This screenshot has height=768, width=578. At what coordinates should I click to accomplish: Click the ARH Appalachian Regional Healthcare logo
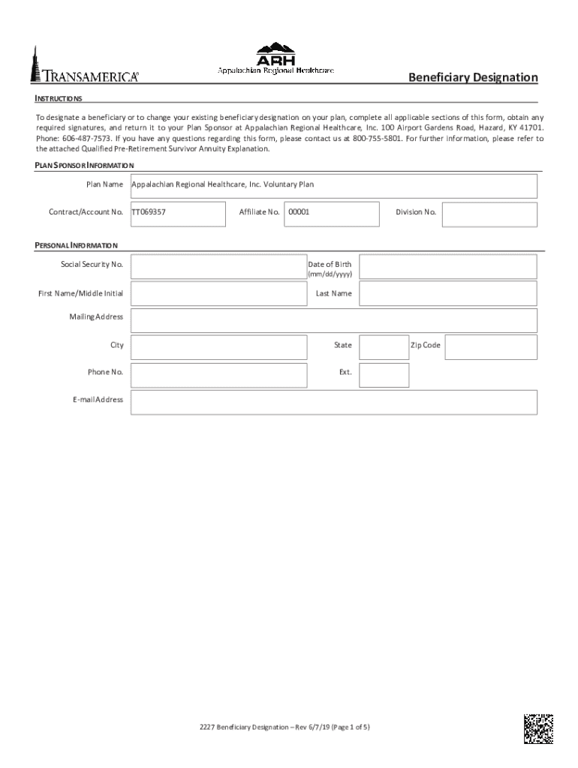[275, 58]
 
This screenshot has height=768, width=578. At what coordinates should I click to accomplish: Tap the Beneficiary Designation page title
[472, 77]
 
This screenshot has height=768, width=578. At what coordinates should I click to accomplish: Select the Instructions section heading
[59, 99]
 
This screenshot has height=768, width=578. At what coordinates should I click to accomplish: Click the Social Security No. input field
[218, 267]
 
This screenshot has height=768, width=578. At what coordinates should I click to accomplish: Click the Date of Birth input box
[447, 267]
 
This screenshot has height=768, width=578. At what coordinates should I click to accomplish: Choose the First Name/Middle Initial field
[218, 293]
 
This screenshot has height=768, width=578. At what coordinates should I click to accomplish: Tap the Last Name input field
[447, 293]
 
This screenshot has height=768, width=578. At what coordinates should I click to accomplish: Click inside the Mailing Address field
[333, 320]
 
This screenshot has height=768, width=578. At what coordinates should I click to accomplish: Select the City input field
[218, 347]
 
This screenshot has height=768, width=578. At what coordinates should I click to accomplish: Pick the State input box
[384, 347]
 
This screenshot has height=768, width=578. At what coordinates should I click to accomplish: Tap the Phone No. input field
[218, 375]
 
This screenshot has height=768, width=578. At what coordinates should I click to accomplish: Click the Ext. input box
[384, 375]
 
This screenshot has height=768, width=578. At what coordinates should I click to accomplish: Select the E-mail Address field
[333, 402]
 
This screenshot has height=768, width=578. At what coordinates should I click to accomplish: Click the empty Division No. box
[489, 214]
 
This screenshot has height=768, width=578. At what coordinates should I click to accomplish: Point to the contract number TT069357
[149, 212]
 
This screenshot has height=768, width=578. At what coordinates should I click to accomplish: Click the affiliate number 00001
[300, 212]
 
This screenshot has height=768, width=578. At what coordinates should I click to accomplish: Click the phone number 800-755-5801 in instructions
[378, 139]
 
